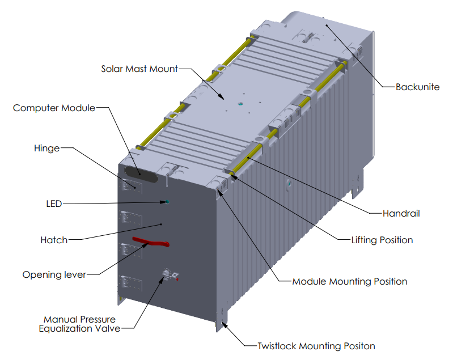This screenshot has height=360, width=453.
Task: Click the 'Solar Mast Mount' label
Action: [139, 69]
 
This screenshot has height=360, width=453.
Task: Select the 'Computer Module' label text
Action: [54, 108]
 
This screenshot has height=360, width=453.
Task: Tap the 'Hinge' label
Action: [46, 149]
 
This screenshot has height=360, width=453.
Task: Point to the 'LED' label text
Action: [53, 204]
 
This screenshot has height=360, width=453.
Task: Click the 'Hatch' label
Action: [54, 240]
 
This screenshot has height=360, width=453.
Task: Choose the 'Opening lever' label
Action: [54, 275]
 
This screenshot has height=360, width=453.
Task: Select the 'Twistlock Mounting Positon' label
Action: [316, 346]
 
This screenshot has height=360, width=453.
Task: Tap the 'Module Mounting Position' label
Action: [349, 281]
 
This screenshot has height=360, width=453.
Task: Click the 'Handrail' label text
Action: [401, 214]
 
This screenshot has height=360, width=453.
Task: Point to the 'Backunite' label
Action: [417, 87]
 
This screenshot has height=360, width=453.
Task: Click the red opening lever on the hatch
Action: [150, 243]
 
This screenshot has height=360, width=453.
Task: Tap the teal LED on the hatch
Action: [167, 201]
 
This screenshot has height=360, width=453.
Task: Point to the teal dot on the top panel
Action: [239, 104]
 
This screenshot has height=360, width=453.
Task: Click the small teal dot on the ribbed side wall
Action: [289, 184]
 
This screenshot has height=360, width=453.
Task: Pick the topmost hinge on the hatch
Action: [128, 185]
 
